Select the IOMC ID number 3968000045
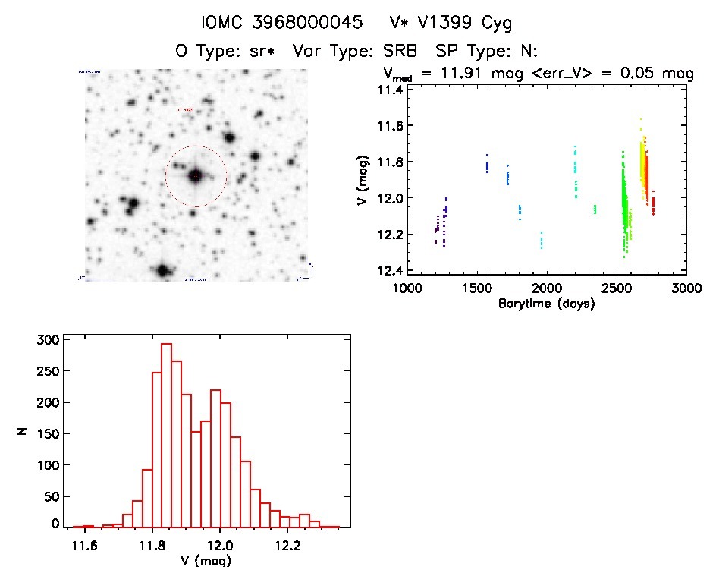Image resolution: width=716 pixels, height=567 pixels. pos(299,23)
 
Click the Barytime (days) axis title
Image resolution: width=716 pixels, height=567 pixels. pos(546,304)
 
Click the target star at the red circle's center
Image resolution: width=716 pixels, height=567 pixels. pos(196,176)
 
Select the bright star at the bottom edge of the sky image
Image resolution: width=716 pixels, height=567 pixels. pos(162,271)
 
